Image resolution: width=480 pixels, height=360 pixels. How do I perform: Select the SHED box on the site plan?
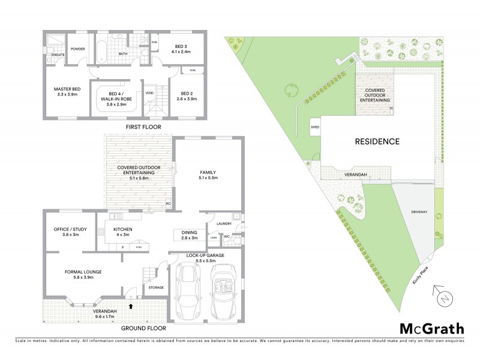pyautogui.click(x=314, y=127)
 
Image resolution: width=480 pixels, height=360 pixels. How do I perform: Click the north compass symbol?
pyautogui.click(x=442, y=297)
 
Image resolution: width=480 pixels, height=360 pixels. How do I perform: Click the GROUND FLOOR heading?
pyautogui.click(x=143, y=329)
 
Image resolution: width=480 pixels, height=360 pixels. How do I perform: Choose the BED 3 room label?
pyautogui.click(x=182, y=46)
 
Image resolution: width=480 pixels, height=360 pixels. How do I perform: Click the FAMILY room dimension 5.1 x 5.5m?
pyautogui.click(x=208, y=178)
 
